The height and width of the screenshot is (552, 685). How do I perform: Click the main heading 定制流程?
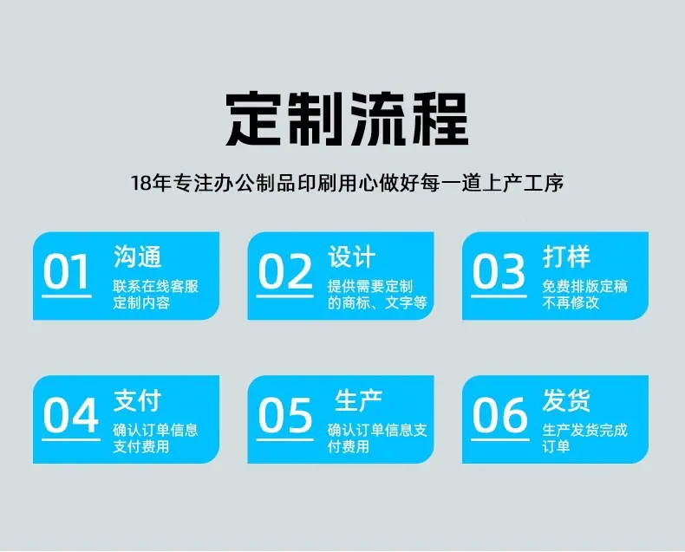click(348, 120)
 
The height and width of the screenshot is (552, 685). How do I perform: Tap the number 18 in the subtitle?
click(141, 183)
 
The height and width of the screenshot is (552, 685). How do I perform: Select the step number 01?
click(66, 271)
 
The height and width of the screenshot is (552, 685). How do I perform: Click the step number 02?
click(285, 271)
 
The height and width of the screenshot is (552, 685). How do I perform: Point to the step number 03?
click(499, 271)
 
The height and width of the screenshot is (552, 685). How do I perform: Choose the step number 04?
click(71, 414)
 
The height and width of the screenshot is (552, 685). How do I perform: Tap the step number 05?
click(284, 414)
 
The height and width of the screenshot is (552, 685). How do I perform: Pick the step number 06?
click(500, 414)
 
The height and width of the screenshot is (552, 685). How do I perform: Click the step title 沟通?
click(138, 257)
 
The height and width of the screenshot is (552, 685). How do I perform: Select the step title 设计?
click(352, 257)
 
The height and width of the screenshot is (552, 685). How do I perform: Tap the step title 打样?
click(566, 257)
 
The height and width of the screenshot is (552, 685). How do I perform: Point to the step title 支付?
click(138, 400)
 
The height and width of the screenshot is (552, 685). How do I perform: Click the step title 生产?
click(359, 400)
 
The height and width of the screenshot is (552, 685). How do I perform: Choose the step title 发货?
click(566, 400)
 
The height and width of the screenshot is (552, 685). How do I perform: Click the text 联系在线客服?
click(155, 287)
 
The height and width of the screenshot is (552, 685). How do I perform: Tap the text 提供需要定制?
click(370, 287)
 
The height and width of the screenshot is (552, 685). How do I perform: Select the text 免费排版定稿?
click(585, 287)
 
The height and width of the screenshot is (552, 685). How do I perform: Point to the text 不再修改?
click(571, 302)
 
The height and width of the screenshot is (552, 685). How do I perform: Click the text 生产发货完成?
click(585, 430)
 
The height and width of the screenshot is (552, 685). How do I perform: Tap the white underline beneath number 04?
click(71, 439)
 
